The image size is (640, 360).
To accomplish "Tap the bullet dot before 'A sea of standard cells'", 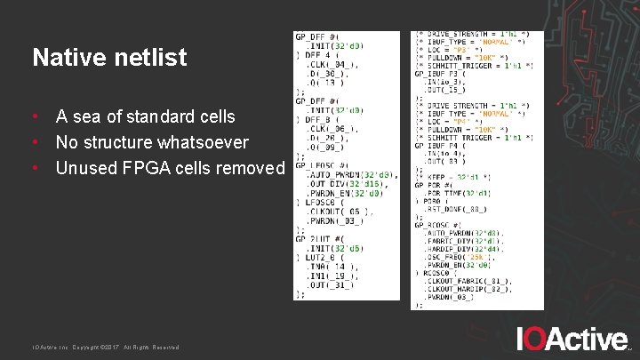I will (34, 116).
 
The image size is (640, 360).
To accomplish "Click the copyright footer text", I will (106, 347).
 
